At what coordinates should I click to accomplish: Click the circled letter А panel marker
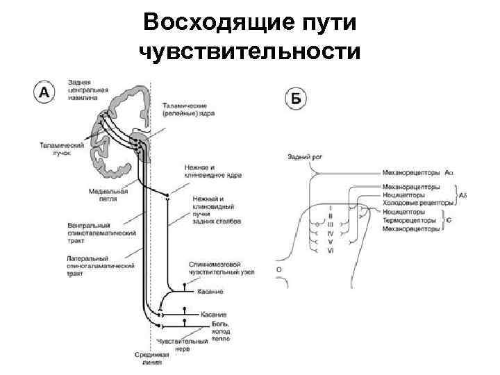click(x=44, y=93)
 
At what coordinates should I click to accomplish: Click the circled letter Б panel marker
click(x=294, y=99)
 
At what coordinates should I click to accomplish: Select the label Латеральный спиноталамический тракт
click(x=100, y=266)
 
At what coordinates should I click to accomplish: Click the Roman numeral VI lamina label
click(x=331, y=250)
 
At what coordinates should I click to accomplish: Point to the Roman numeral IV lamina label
click(x=331, y=233)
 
